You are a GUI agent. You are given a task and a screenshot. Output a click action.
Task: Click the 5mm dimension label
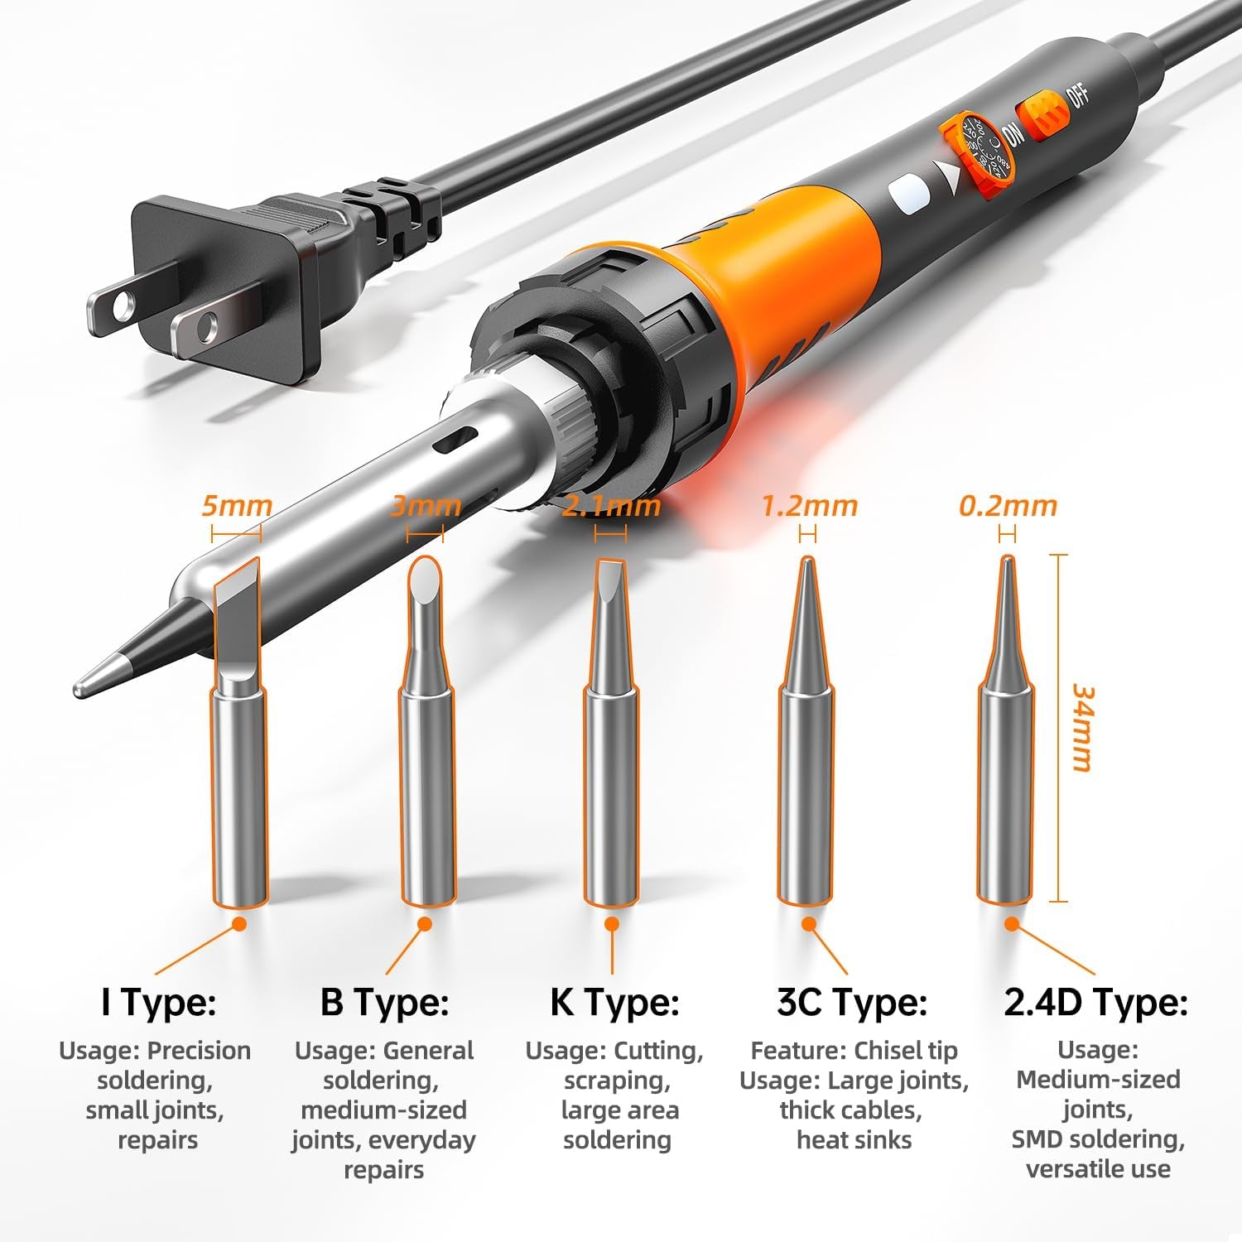pos(237,505)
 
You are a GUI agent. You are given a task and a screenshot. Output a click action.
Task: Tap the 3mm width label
pos(426,505)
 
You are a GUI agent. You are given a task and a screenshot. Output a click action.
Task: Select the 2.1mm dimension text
pos(612,505)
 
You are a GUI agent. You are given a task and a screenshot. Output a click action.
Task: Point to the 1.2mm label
pos(809,505)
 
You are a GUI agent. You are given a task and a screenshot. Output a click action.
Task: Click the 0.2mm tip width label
pos(1008,505)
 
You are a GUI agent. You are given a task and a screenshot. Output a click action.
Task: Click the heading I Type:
pos(158,1002)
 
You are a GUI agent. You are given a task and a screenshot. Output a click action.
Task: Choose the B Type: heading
pos(384,1002)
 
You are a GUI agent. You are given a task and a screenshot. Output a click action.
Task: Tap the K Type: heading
pos(614,1002)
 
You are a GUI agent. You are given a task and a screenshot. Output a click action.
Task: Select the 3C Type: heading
pos(852,1002)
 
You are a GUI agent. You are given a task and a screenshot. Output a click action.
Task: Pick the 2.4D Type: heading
pos(1096,1002)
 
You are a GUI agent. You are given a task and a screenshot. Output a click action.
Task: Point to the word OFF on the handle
pos(1080,96)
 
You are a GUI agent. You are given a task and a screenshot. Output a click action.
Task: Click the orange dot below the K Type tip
pos(612,924)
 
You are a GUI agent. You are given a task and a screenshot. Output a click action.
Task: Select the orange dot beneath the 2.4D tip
pos(1010,924)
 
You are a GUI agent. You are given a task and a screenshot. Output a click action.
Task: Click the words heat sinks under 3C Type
pos(854,1140)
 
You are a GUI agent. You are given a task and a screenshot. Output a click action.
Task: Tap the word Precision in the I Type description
pos(199,1051)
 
